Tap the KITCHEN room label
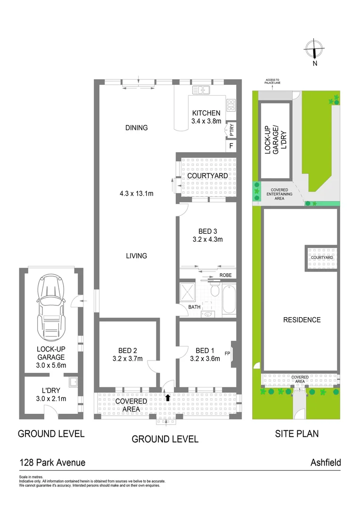point(206,113)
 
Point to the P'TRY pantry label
point(231,130)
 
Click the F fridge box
point(231,146)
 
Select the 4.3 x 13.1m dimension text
point(137,193)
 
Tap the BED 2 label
point(128,350)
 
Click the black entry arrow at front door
point(168,398)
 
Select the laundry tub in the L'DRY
point(73,382)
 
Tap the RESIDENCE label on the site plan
point(302,320)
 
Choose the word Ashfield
point(325,462)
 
